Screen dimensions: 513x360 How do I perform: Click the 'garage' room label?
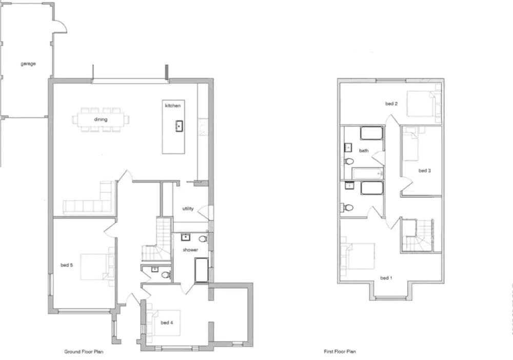pyautogui.click(x=28, y=64)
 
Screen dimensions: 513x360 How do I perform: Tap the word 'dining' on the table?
pyautogui.click(x=101, y=119)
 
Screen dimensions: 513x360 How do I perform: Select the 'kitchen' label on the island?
pyautogui.click(x=173, y=106)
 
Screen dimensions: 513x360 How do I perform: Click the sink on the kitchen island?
pyautogui.click(x=179, y=126)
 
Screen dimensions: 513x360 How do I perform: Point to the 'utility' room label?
pyautogui.click(x=188, y=209)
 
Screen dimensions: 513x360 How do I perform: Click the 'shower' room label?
pyautogui.click(x=190, y=250)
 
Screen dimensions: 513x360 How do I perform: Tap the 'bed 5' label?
pyautogui.click(x=67, y=265)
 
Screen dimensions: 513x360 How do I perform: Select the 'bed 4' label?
pyautogui.click(x=167, y=323)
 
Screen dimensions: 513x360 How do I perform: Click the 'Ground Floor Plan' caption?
pyautogui.click(x=84, y=352)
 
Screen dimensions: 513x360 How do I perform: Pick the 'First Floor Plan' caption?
pyautogui.click(x=340, y=351)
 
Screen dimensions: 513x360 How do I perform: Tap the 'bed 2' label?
pyautogui.click(x=391, y=104)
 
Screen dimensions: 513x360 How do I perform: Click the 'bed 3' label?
pyautogui.click(x=425, y=171)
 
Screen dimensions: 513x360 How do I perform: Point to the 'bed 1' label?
pyautogui.click(x=386, y=278)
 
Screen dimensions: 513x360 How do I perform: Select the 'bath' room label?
pyautogui.click(x=364, y=151)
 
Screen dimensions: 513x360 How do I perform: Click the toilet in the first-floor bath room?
pyautogui.click(x=348, y=161)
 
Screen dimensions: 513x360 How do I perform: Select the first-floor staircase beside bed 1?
pyautogui.click(x=418, y=235)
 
